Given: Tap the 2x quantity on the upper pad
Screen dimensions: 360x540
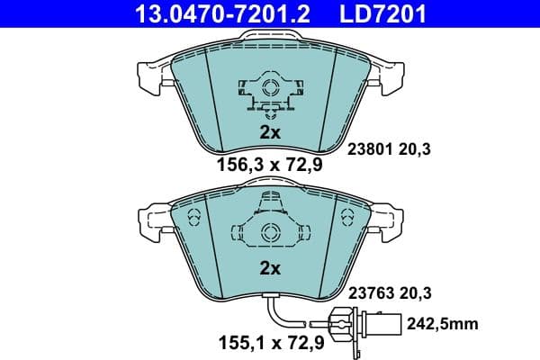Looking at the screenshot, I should pyautogui.click(x=270, y=131).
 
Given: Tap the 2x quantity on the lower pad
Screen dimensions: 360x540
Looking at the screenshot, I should pyautogui.click(x=270, y=267).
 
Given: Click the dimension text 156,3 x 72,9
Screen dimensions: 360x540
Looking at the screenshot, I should pyautogui.click(x=269, y=165).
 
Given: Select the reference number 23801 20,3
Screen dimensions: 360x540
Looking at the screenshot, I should pyautogui.click(x=390, y=150).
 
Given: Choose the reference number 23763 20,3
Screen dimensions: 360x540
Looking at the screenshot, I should pyautogui.click(x=390, y=292).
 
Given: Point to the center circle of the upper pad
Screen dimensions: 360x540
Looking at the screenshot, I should pyautogui.click(x=269, y=87).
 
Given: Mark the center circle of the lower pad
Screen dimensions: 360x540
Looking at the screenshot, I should pyautogui.click(x=269, y=233).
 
